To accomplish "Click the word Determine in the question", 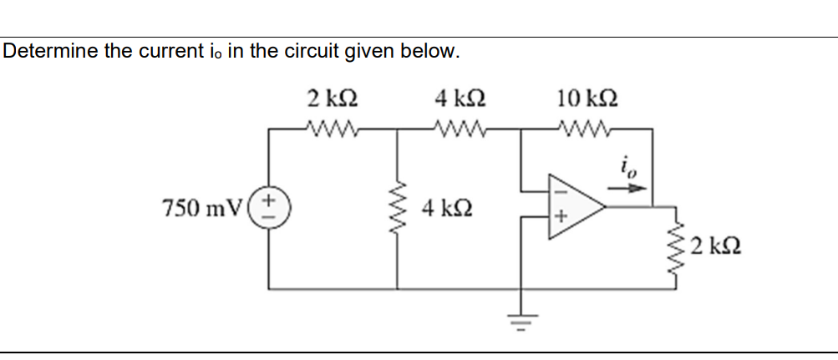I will pos(51,51).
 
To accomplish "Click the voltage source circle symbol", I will pos(269,206).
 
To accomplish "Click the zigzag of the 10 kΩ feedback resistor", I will pos(590,129).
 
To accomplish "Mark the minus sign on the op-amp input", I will pos(560,191).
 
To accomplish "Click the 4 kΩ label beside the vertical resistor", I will pos(446,206).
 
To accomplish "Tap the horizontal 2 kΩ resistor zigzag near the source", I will pos(333,129).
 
